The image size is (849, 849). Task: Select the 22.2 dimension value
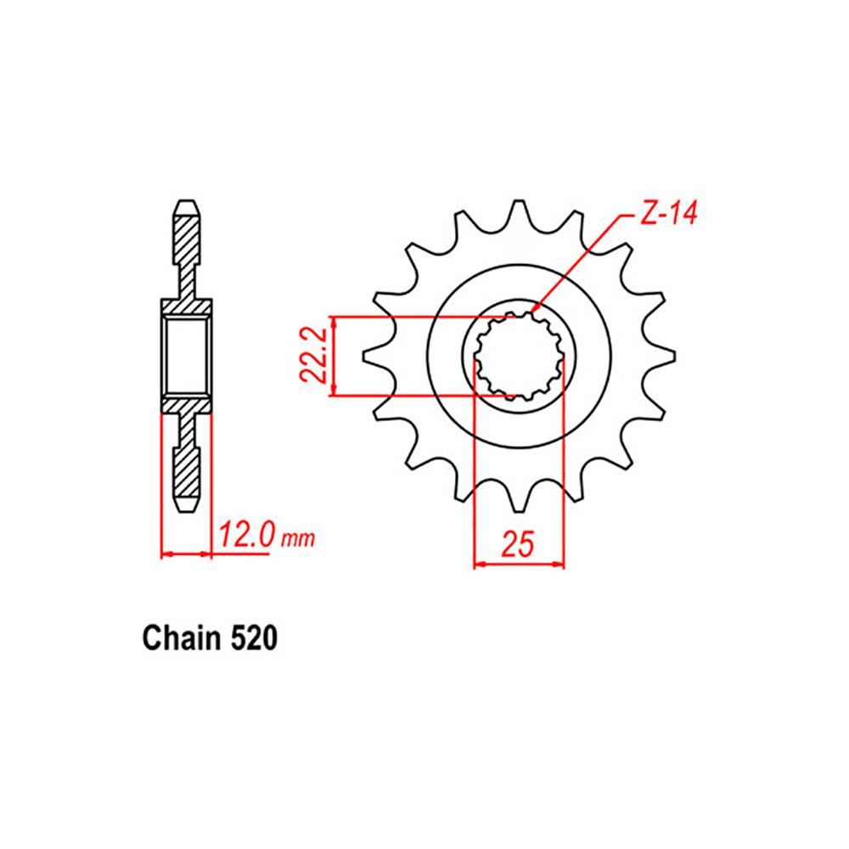tap(315, 357)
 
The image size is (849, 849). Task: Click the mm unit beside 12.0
tap(298, 539)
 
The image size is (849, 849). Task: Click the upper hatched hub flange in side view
tap(186, 306)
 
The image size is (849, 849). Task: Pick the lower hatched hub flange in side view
tap(186, 405)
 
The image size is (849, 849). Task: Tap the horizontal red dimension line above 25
tap(518, 563)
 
